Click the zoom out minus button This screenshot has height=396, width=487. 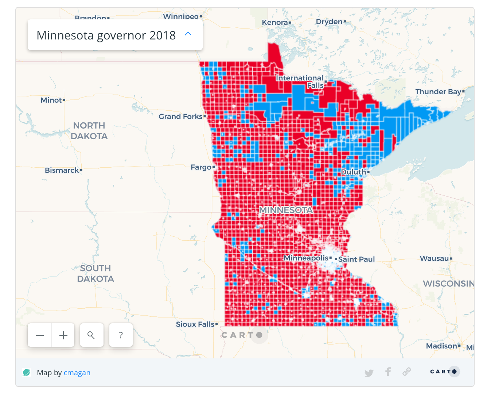[x=40, y=335]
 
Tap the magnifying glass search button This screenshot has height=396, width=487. [x=91, y=335]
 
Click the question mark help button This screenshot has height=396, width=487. [x=121, y=335]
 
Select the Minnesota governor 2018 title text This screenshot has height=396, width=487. [x=106, y=35]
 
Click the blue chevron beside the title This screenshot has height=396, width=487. [x=188, y=34]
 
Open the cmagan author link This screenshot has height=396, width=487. [x=77, y=373]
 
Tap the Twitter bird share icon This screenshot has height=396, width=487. [x=369, y=373]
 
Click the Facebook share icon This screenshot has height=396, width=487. [x=388, y=372]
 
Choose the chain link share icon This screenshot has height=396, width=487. [x=407, y=372]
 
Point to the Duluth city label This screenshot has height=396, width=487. [x=353, y=172]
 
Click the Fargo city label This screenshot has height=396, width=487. [x=201, y=167]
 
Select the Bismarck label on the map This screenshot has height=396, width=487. [x=62, y=170]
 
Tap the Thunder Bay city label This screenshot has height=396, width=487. [x=438, y=92]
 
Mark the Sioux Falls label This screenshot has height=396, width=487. [x=195, y=324]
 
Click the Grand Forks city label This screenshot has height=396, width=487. [x=180, y=117]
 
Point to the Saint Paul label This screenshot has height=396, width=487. [x=357, y=259]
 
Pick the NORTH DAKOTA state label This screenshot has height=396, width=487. [x=89, y=131]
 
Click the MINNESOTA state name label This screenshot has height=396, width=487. [x=286, y=210]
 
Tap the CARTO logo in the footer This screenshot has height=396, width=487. [x=444, y=372]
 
